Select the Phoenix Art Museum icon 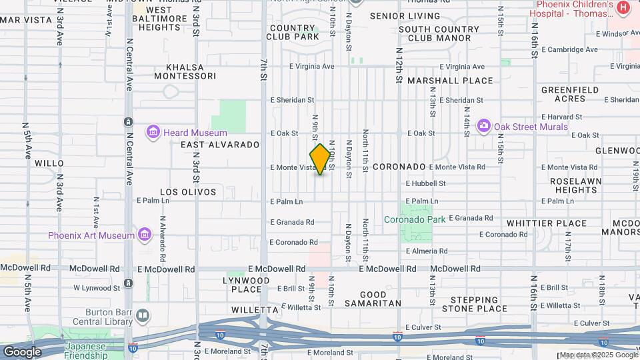[145, 235]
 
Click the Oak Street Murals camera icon [484, 125]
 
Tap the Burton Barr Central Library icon [142, 315]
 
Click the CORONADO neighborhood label [399, 167]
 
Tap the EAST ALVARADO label [219, 145]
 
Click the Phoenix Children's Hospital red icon [623, 7]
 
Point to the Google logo [22, 352]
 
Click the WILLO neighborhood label [49, 163]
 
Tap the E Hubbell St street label [425, 183]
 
